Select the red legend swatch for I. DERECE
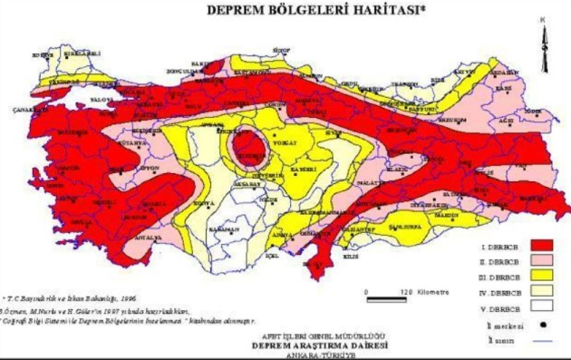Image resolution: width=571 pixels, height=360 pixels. [542, 246]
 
